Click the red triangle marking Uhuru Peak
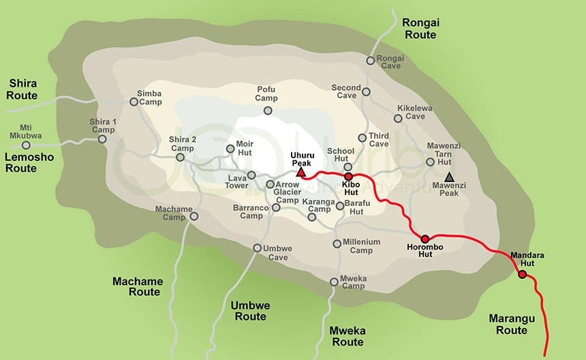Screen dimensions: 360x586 click(300, 173)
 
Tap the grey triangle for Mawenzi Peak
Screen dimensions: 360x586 click(449, 177)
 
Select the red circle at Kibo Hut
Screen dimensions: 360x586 click(348, 177)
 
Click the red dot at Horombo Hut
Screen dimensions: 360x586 click(425, 239)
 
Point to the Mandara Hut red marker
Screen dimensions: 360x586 click(522, 275)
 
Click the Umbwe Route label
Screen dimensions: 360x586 click(249, 311)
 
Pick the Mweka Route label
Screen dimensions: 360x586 click(346, 336)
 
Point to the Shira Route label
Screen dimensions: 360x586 click(22, 89)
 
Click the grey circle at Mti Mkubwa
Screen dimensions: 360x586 click(26, 145)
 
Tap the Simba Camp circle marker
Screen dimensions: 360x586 click(134, 102)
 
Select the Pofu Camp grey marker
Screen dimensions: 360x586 click(268, 110)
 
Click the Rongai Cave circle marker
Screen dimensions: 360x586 click(370, 61)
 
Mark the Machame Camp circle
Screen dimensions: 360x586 click(194, 216)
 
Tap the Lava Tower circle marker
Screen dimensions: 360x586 click(250, 175)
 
